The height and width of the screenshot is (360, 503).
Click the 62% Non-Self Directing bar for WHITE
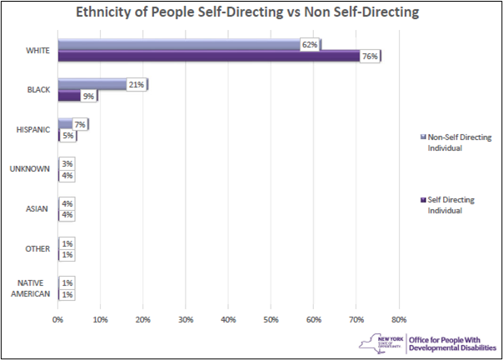coord(179,45)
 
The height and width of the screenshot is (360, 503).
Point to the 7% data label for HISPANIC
coord(80,124)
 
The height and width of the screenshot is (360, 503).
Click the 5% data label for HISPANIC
coord(68,136)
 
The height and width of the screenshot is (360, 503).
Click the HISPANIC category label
coord(33,130)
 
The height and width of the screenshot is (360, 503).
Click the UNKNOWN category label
coord(31,169)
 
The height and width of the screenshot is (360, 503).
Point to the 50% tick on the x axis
coord(271,318)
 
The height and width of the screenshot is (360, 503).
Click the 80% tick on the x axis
coord(399,318)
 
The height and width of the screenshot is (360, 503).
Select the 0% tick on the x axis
coord(57,318)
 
